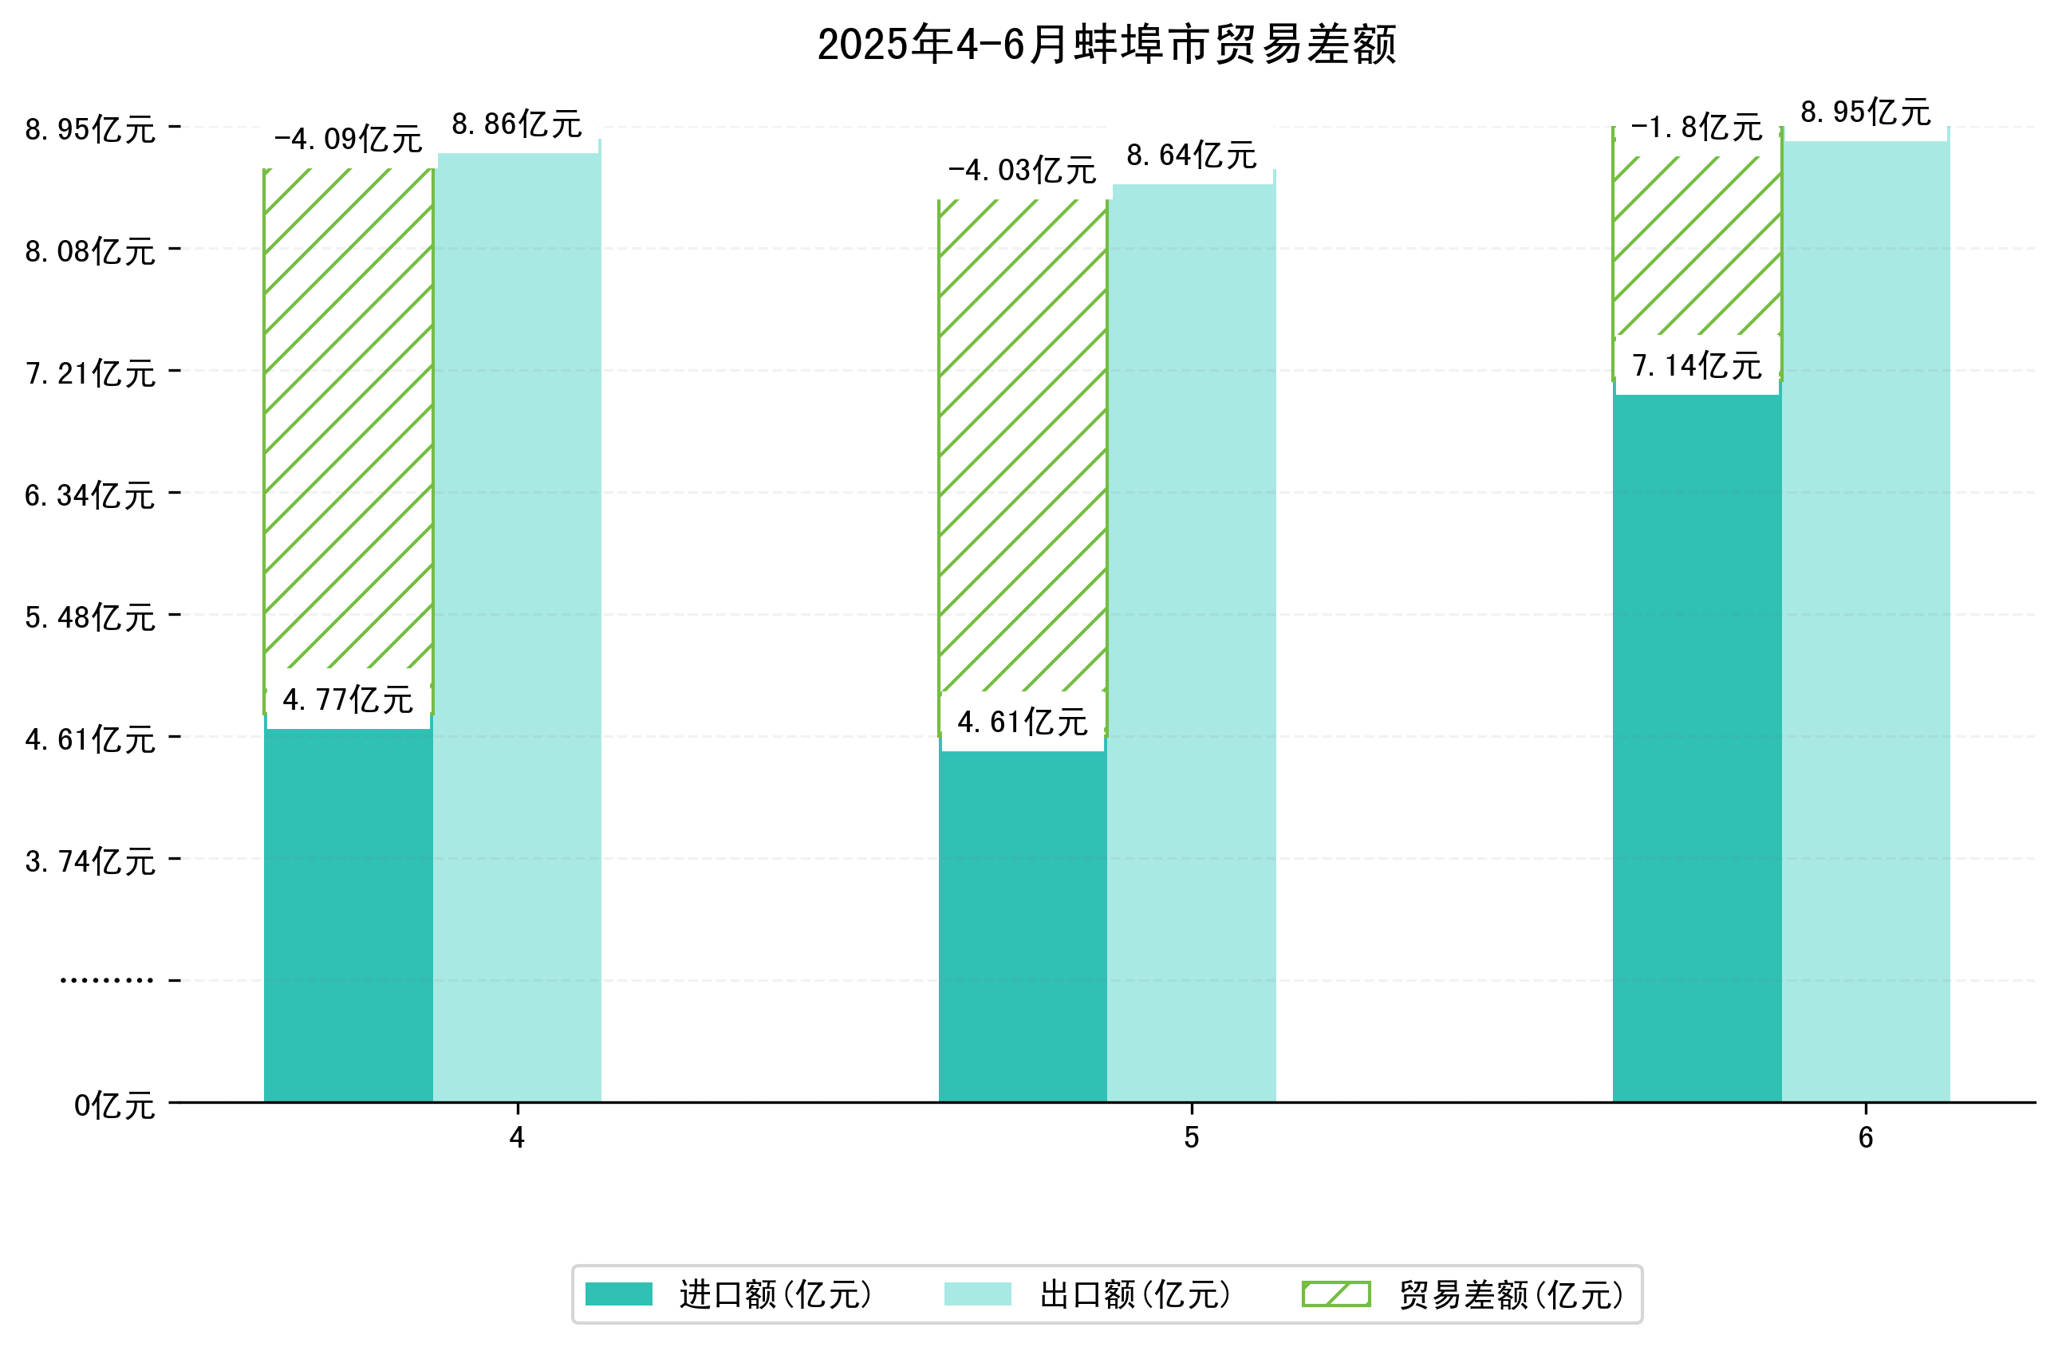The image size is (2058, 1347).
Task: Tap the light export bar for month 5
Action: tap(1192, 640)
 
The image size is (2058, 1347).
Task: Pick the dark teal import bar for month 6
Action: tap(1697, 743)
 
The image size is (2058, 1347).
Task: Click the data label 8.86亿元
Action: tap(517, 124)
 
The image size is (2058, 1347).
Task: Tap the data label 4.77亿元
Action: tap(348, 699)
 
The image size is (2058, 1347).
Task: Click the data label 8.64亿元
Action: tap(1192, 156)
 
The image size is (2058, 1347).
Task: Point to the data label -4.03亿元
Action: tap(1022, 171)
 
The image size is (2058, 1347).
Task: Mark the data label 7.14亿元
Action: tap(1697, 366)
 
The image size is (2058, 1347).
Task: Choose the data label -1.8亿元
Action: tap(1697, 128)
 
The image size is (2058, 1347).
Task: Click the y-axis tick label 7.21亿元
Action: tap(91, 373)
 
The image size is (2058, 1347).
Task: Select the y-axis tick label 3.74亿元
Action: tap(91, 862)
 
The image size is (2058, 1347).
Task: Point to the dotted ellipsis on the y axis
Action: tap(106, 980)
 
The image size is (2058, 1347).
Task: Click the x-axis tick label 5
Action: tap(1192, 1138)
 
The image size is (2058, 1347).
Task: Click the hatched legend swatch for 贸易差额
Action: tap(1336, 1294)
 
